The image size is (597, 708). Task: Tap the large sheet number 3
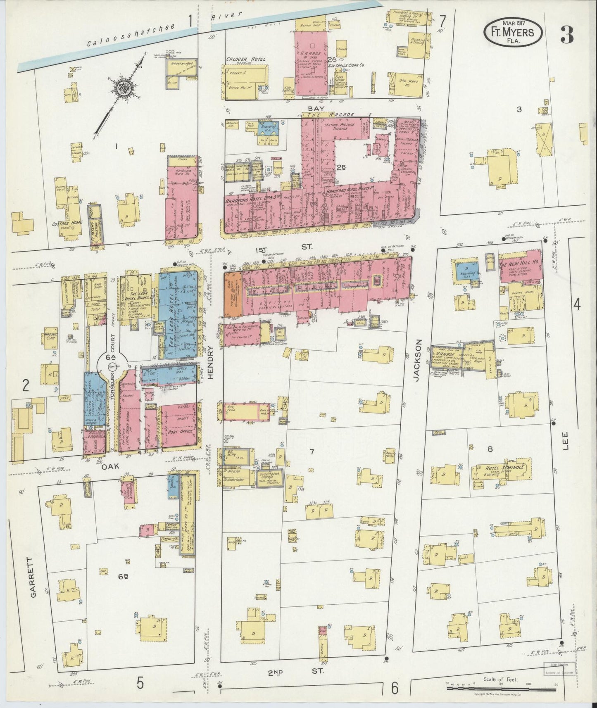[566, 36]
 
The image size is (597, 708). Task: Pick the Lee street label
[566, 441]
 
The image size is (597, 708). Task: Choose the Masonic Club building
[52, 339]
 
